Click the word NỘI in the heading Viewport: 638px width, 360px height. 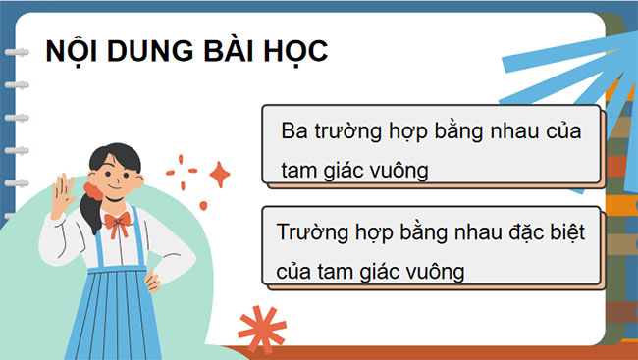72,51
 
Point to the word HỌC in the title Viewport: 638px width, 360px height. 294,51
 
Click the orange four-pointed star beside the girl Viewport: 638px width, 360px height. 219,176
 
